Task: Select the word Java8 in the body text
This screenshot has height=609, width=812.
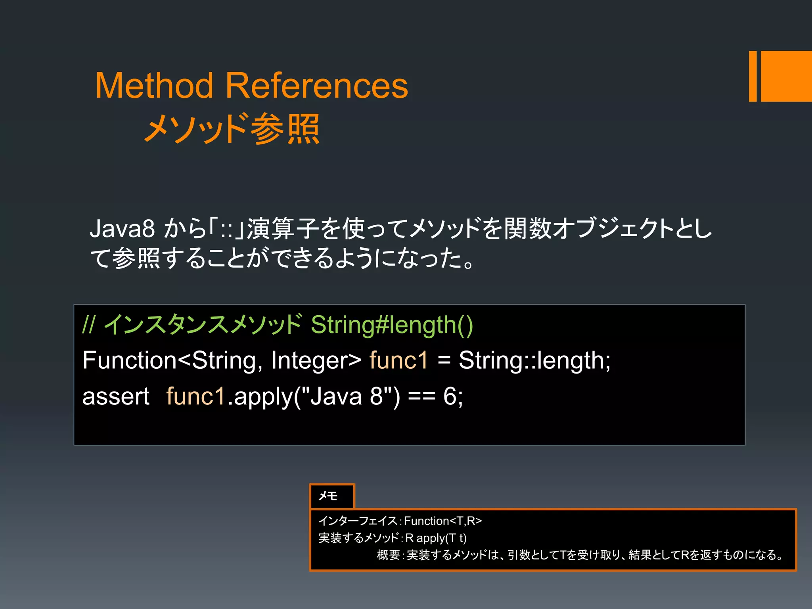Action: pyautogui.click(x=122, y=229)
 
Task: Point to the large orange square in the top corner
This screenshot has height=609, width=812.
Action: pyautogui.click(x=786, y=76)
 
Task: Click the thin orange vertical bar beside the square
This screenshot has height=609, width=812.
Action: pyautogui.click(x=753, y=76)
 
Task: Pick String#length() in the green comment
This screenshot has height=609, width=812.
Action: pyautogui.click(x=392, y=325)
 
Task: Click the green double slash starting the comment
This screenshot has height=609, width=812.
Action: pyautogui.click(x=88, y=325)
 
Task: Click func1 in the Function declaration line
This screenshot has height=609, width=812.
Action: pyautogui.click(x=398, y=361)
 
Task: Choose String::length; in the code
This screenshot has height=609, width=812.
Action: pyautogui.click(x=534, y=361)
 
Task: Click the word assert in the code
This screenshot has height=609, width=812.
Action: pyautogui.click(x=116, y=396)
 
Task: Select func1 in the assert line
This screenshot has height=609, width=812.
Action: pyautogui.click(x=196, y=396)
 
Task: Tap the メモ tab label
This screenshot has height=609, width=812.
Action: pyautogui.click(x=328, y=496)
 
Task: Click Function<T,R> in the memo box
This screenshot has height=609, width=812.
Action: pyautogui.click(x=442, y=521)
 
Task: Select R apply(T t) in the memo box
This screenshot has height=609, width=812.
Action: pyautogui.click(x=436, y=538)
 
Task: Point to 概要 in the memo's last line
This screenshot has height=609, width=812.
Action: pyautogui.click(x=388, y=555)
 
